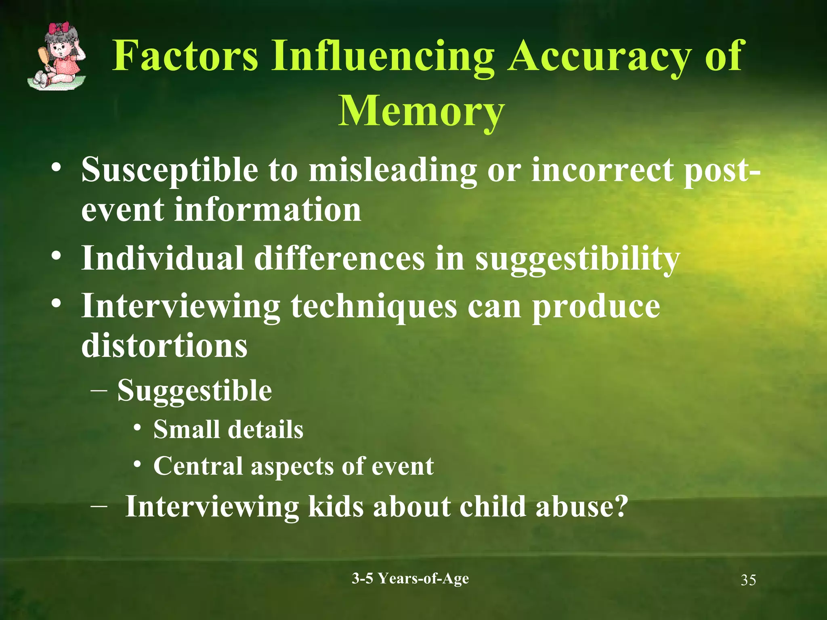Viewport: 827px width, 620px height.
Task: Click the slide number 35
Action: tap(748, 580)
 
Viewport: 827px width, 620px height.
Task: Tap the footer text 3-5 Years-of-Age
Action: tap(410, 578)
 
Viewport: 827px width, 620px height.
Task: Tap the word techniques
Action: tap(374, 307)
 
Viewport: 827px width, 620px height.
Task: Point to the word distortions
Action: tap(164, 346)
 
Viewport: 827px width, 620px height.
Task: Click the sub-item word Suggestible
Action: tap(195, 391)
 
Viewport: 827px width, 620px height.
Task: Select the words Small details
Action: tap(228, 429)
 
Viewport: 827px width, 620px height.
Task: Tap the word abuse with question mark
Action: tap(581, 506)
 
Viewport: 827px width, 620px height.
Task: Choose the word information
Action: tap(267, 210)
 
